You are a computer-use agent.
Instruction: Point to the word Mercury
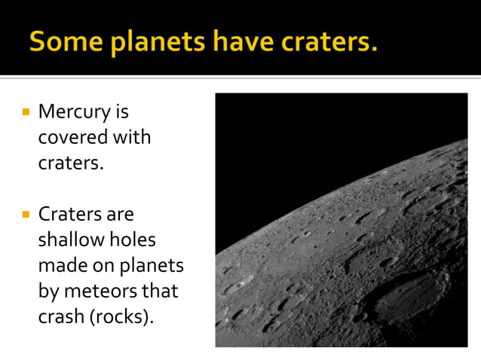coord(73,113)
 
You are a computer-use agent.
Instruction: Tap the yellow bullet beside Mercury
coord(26,112)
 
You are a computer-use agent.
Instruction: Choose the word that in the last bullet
coord(164,291)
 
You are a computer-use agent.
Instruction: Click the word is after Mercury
coord(121,113)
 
